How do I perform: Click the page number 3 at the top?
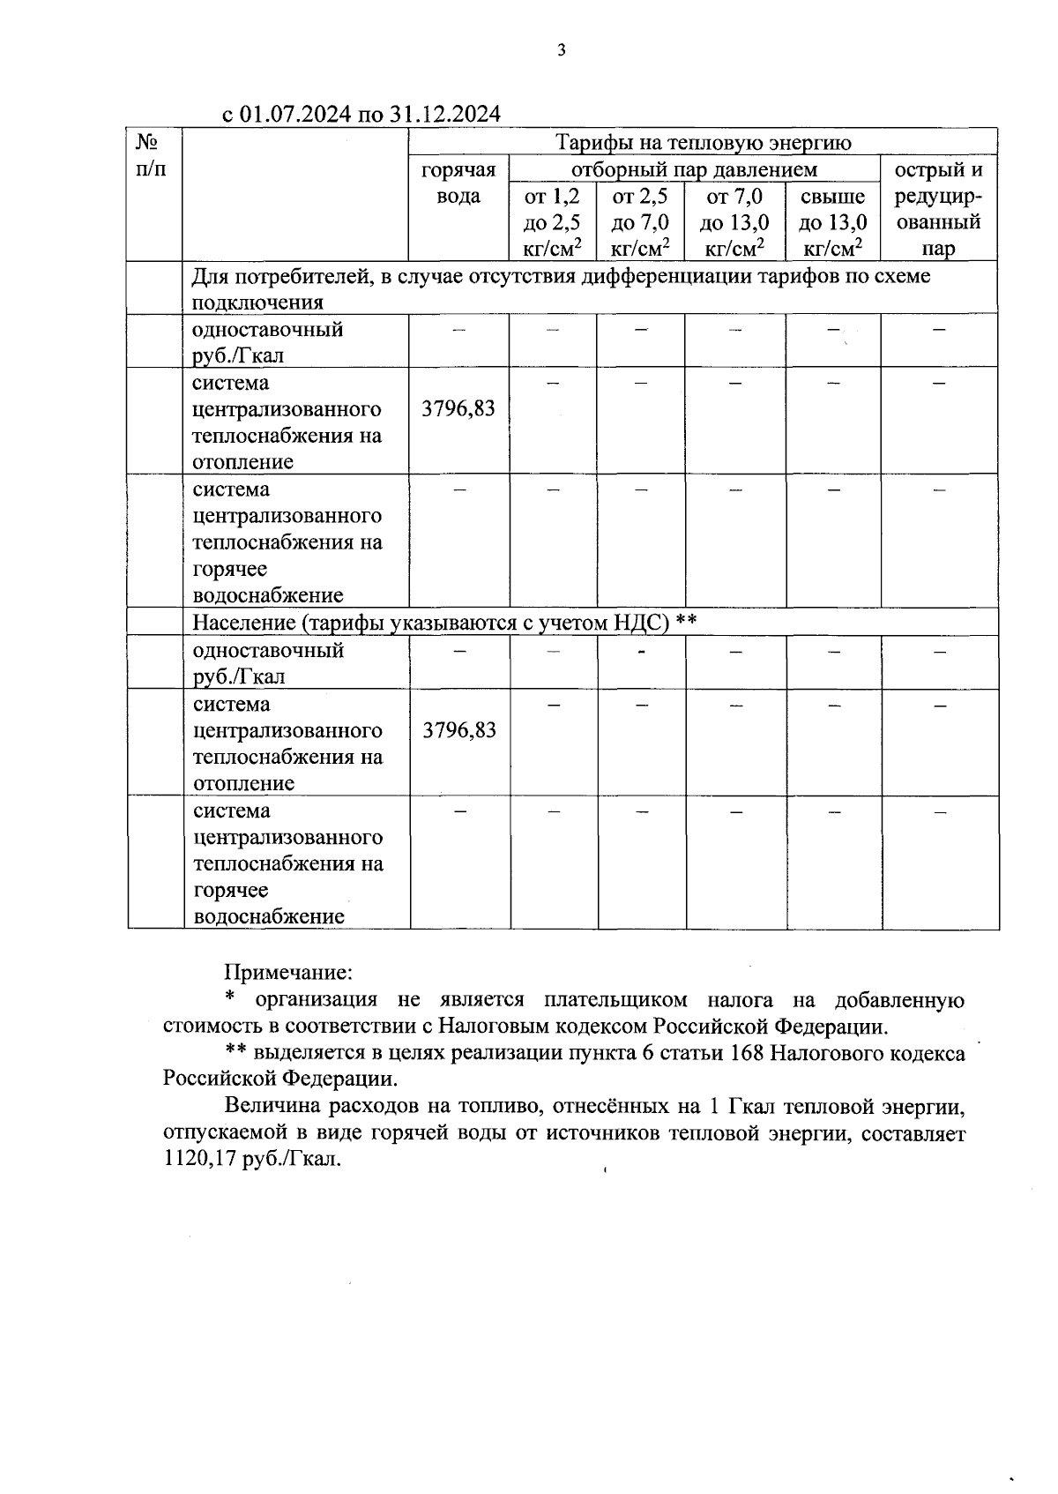(x=562, y=50)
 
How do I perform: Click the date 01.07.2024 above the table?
(x=296, y=115)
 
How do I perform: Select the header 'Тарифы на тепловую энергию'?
(x=703, y=142)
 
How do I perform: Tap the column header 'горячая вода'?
(x=458, y=183)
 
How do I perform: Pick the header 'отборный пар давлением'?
(x=694, y=169)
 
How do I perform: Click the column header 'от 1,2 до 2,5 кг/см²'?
(x=552, y=222)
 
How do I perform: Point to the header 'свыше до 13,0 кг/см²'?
(x=832, y=222)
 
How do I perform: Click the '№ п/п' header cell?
(x=153, y=154)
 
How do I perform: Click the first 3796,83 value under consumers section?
(x=458, y=408)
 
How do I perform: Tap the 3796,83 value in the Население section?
(x=459, y=730)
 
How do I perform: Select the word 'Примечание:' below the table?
(x=288, y=973)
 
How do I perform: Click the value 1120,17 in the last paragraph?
(x=196, y=1160)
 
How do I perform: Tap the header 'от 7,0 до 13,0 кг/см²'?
(x=734, y=222)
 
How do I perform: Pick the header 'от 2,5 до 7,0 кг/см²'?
(x=640, y=222)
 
